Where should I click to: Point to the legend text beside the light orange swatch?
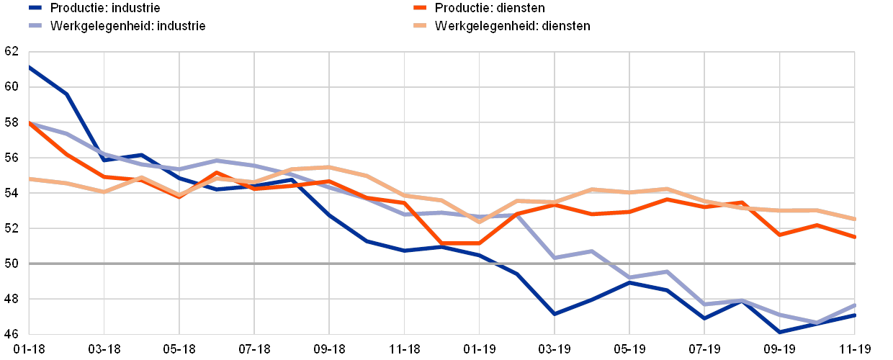coord(511,26)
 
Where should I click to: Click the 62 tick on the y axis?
coord(12,52)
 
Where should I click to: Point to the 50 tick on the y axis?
coord(12,264)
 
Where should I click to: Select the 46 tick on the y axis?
coord(12,334)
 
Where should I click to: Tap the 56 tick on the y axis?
coord(12,158)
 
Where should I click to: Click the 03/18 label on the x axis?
coord(104,349)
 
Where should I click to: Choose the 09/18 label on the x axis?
coord(329,349)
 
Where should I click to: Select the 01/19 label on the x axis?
coord(479,349)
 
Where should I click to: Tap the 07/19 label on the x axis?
coord(704,349)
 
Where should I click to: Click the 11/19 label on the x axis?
coord(854,349)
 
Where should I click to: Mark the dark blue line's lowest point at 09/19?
coord(780,332)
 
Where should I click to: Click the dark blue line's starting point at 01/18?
coord(30,66)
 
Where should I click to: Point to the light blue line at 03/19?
coord(555,257)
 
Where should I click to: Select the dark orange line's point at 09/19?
coord(780,235)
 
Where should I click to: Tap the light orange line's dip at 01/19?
coord(480,221)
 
